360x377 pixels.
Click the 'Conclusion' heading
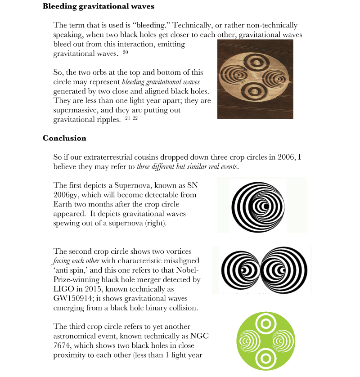click(x=64, y=138)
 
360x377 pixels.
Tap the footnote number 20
click(x=125, y=53)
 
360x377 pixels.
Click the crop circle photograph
click(x=255, y=79)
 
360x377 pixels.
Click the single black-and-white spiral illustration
click(x=258, y=205)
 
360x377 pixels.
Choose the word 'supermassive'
click(x=74, y=109)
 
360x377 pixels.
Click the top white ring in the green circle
click(x=265, y=323)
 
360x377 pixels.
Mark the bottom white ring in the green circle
click(x=265, y=358)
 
